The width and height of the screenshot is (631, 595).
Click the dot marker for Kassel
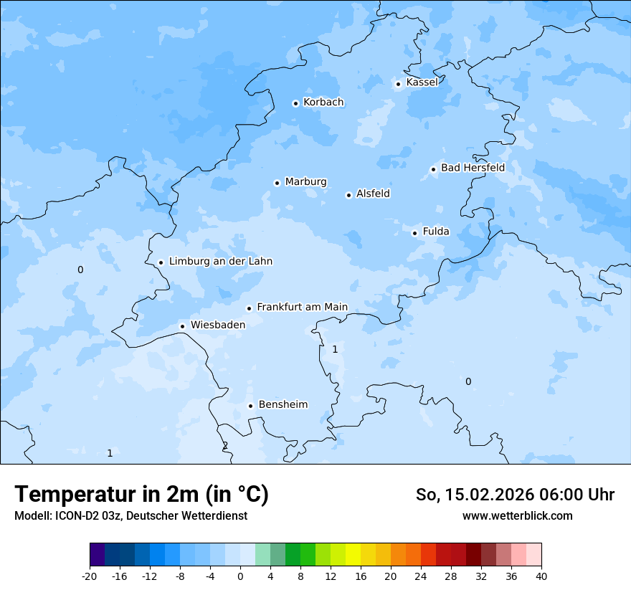tap(398, 84)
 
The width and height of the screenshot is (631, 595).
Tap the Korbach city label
tap(323, 103)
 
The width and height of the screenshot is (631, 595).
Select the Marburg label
tap(305, 182)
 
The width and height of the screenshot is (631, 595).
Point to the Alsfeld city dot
tap(348, 195)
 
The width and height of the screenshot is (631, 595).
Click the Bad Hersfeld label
tap(473, 168)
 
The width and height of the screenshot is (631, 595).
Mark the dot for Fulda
tap(414, 233)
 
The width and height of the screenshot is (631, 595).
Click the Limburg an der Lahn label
tap(220, 262)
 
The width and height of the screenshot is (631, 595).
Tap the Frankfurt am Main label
tap(302, 307)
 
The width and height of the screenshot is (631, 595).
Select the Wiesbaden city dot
tap(183, 326)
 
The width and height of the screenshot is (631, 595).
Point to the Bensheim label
tap(283, 404)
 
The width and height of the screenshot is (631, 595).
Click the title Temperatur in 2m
tap(141, 495)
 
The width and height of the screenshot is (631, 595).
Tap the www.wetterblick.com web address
tap(517, 515)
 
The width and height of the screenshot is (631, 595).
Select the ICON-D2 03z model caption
tap(131, 515)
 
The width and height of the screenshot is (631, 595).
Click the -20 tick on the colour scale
tap(90, 576)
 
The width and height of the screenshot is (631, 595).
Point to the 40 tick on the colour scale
tap(541, 576)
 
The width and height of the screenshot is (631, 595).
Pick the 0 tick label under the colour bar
tap(240, 576)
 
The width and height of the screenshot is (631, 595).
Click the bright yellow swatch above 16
tap(353, 556)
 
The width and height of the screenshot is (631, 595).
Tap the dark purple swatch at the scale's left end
tap(97, 556)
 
